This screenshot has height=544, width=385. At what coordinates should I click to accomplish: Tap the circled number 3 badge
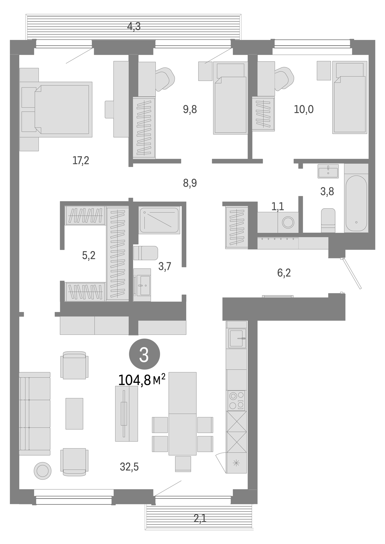point(144,354)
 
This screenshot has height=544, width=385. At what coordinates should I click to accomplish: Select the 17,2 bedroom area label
point(81,160)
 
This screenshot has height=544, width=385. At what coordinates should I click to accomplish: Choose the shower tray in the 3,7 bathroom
point(159,220)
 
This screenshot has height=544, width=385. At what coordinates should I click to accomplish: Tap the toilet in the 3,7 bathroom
point(146,253)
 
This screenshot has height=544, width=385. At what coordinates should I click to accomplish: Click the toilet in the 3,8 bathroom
point(328,220)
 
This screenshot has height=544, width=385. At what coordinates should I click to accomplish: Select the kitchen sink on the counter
point(237,338)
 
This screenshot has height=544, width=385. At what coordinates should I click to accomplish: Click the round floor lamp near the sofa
point(43,471)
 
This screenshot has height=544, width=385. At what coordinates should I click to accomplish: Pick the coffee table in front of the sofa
point(74,413)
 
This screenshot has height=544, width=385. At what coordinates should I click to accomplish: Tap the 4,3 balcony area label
point(134,27)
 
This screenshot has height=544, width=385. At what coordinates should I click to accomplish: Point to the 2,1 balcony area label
point(200,519)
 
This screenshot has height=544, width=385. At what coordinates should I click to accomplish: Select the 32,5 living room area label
point(129,467)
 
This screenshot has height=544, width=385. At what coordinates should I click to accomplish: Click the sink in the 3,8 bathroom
point(328,171)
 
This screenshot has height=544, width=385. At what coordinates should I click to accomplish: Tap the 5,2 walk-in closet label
point(89,255)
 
